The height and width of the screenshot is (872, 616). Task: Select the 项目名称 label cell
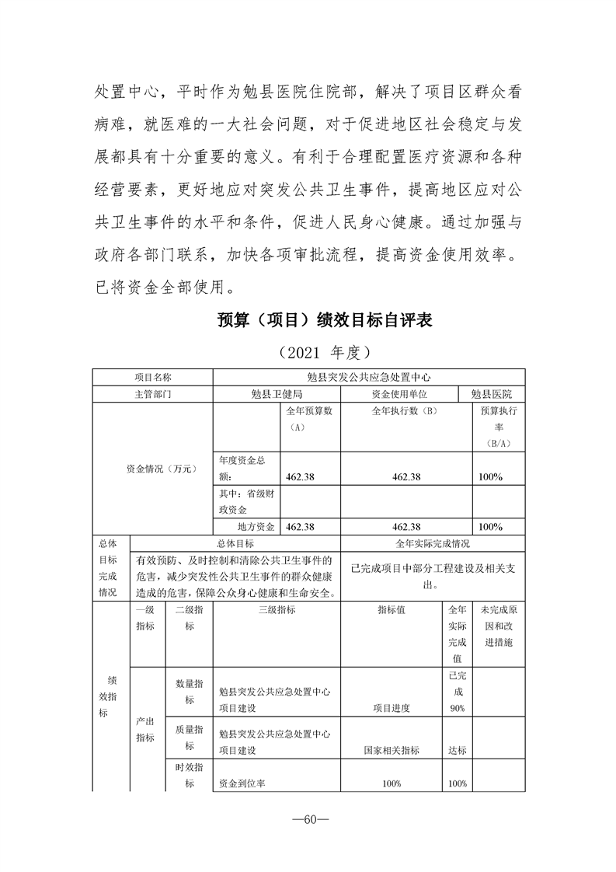(153, 377)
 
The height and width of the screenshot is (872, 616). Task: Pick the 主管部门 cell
(153, 394)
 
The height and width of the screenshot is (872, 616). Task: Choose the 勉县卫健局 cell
(277, 394)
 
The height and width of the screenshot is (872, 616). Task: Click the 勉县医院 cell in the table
(502, 394)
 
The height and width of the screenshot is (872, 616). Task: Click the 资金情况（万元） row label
(152, 469)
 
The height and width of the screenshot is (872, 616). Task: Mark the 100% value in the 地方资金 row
(490, 526)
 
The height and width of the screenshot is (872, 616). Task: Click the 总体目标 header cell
(235, 543)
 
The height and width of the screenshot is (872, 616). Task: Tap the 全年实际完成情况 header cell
(433, 543)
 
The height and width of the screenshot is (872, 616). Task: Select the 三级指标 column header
(276, 610)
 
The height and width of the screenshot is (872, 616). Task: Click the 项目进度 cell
(391, 708)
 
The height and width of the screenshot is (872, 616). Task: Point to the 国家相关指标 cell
(391, 750)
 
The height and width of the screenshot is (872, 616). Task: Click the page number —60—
(308, 821)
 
